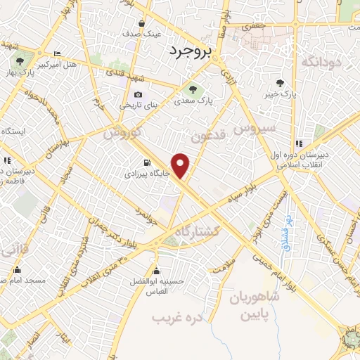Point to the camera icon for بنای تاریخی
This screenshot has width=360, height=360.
pyautogui.click(x=138, y=95)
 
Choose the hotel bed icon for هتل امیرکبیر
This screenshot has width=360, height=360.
pyautogui.click(x=57, y=54)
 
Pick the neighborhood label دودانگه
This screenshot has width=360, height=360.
pyautogui.click(x=320, y=63)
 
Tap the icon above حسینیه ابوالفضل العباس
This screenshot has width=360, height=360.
pyautogui.click(x=155, y=272)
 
